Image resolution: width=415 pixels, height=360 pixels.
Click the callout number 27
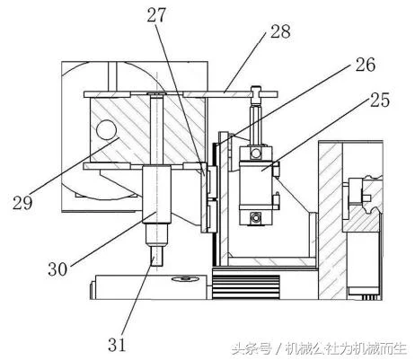tap(156, 15)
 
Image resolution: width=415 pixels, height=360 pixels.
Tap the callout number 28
tap(280, 31)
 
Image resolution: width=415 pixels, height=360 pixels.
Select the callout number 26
tap(366, 65)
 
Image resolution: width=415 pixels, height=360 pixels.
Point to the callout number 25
tap(380, 100)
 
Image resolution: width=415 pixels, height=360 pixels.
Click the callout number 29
tap(22, 202)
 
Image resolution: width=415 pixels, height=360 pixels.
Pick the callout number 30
tap(57, 268)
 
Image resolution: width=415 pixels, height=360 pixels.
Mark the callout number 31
tap(117, 345)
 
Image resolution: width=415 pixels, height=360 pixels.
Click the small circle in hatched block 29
tap(106, 130)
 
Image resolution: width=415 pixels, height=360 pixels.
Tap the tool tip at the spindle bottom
tap(156, 256)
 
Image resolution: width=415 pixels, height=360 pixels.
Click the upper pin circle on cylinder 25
tap(256, 154)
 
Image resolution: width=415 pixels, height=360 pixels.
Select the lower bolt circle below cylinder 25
tap(255, 217)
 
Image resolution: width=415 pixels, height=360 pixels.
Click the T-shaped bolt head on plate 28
tap(255, 95)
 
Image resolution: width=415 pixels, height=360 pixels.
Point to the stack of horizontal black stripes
tap(246, 287)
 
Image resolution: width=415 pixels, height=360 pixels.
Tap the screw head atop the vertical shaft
tap(156, 94)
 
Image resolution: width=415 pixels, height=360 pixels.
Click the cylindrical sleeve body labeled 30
tap(156, 195)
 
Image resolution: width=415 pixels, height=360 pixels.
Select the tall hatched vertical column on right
tap(331, 220)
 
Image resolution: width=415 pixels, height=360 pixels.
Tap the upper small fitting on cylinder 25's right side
tap(276, 169)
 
